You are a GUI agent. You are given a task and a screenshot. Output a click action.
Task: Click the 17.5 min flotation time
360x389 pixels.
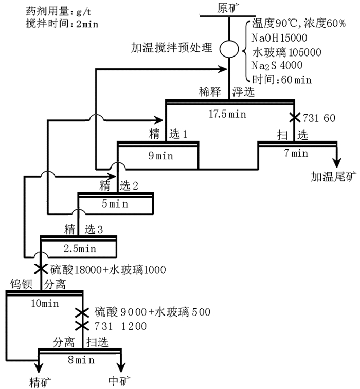click(x=230, y=114)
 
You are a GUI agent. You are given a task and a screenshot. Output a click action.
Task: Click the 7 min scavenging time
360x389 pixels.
click(x=296, y=153)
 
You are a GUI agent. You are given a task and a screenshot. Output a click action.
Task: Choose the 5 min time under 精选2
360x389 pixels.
click(x=116, y=203)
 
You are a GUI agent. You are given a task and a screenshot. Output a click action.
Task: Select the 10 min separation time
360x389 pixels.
click(x=45, y=304)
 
